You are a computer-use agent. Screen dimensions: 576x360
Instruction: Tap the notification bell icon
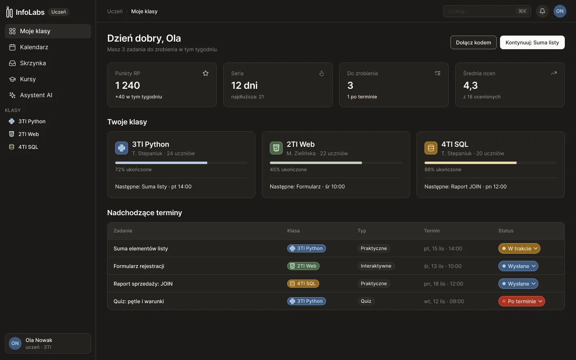click(542, 11)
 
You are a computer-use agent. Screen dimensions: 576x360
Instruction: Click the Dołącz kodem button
click(474, 42)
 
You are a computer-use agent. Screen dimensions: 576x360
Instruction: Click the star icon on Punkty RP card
click(206, 73)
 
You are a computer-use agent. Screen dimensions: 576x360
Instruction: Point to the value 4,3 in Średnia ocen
click(470, 85)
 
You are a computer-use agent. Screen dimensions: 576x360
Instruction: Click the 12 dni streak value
click(244, 85)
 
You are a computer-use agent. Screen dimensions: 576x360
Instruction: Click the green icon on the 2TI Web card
click(276, 148)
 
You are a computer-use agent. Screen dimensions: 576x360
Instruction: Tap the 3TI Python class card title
click(151, 144)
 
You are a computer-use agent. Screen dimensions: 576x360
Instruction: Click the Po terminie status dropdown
click(522, 301)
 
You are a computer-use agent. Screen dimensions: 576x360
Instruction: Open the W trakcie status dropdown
click(519, 248)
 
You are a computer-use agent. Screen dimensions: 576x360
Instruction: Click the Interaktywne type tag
click(376, 266)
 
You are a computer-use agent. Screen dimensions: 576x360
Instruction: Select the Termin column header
click(432, 231)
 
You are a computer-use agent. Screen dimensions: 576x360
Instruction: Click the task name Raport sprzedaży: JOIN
click(143, 284)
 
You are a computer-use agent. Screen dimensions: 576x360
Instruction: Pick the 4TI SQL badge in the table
click(303, 283)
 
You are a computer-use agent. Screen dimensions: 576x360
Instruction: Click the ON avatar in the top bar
click(560, 11)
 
